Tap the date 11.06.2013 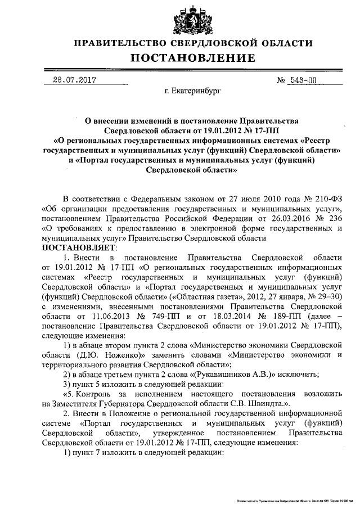pos(123,316)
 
